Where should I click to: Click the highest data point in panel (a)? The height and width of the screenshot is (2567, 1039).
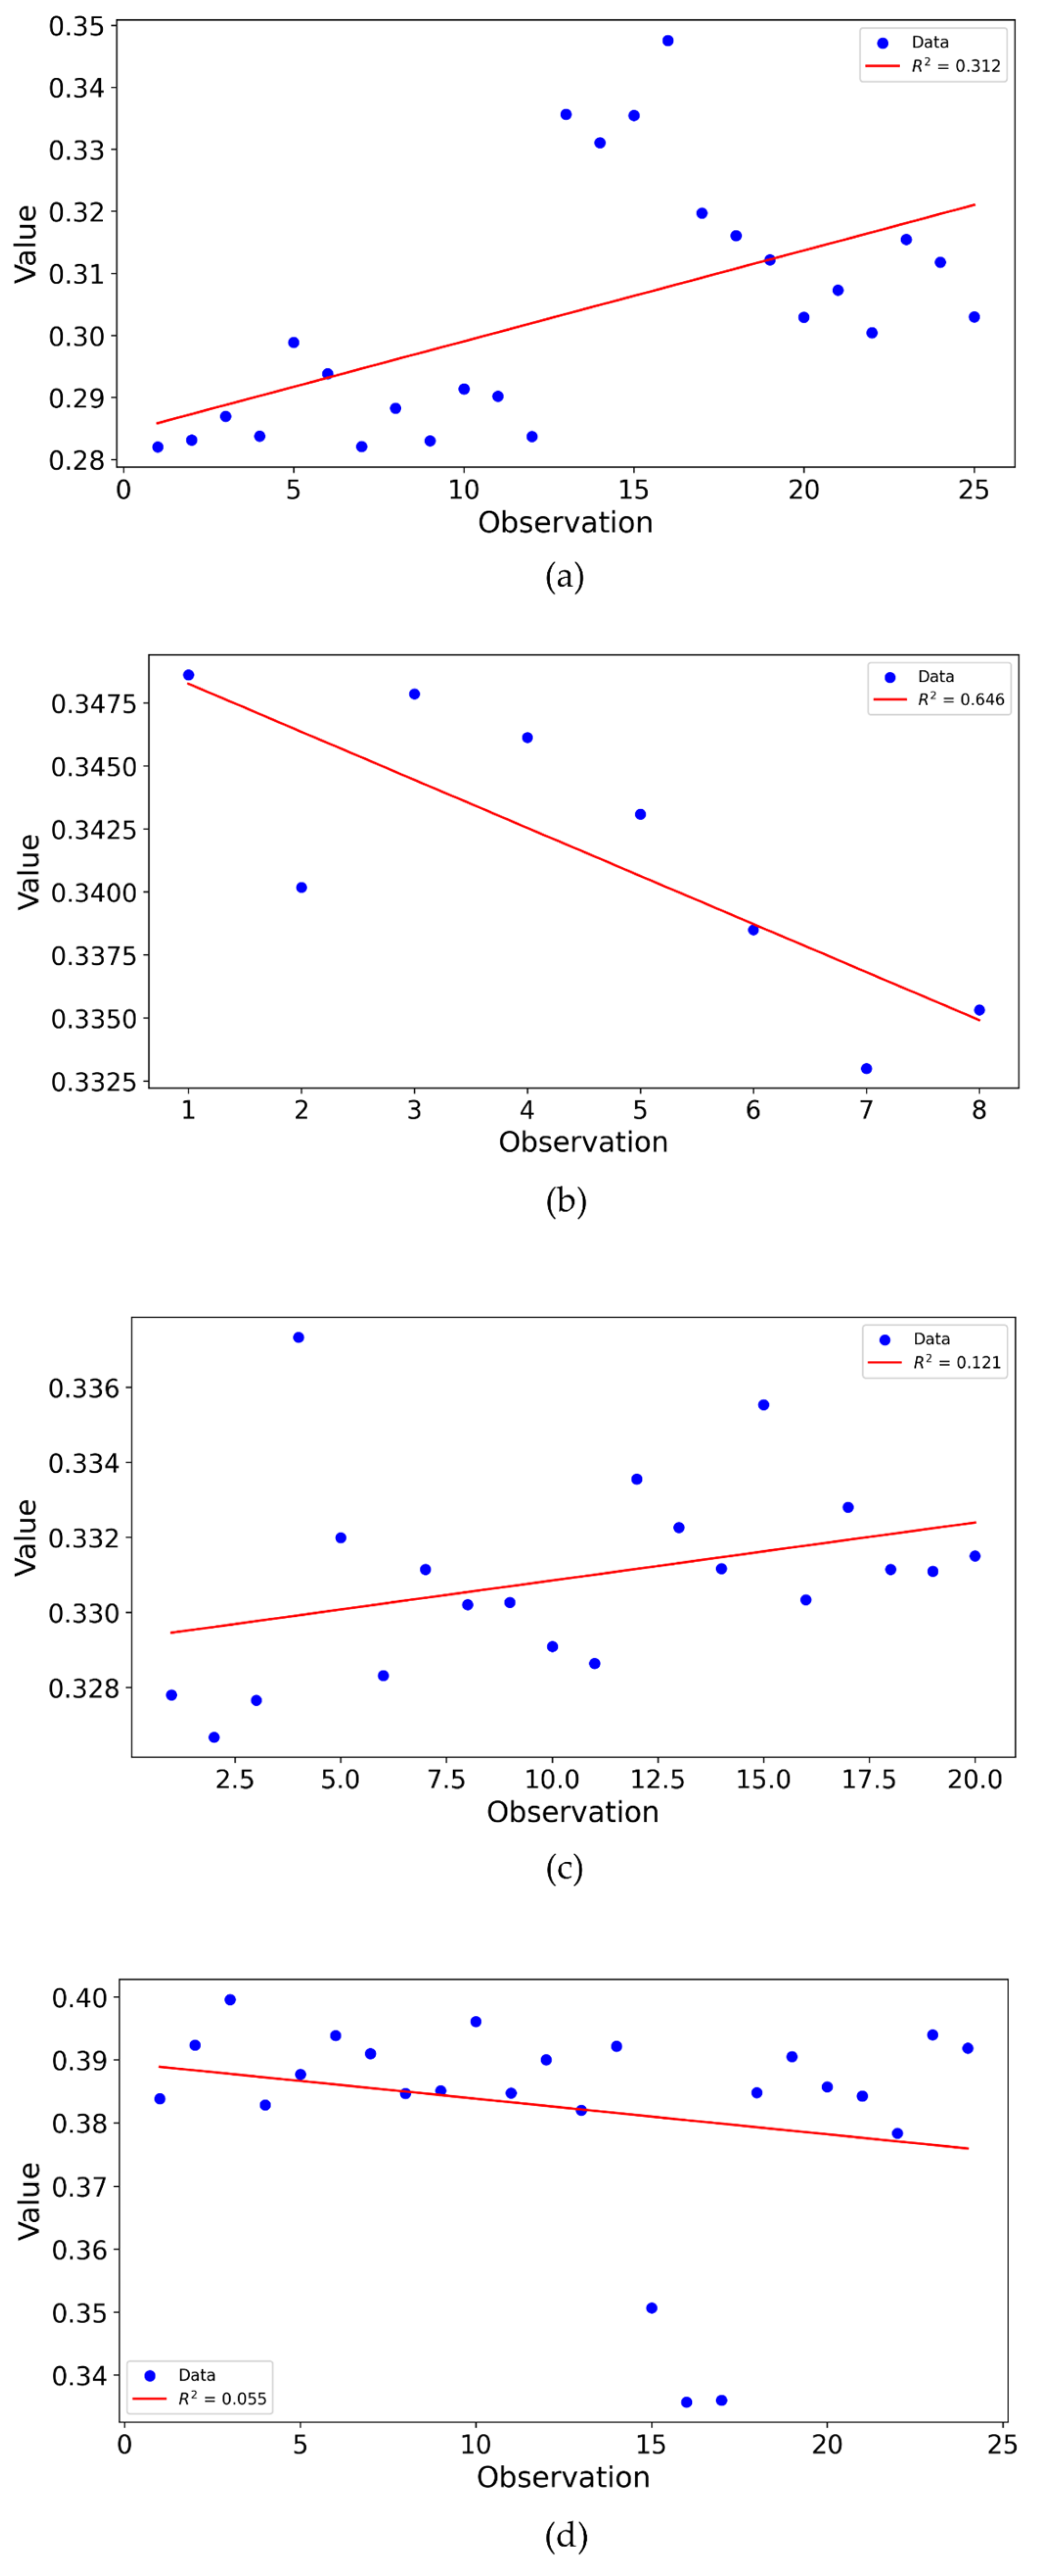(x=667, y=41)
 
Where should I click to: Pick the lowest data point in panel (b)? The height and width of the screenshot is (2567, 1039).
(x=866, y=1068)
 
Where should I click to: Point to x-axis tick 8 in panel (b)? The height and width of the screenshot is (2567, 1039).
(x=979, y=1110)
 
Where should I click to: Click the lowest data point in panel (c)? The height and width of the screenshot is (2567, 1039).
(x=214, y=1737)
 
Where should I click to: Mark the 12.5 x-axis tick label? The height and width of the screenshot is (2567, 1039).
(x=657, y=1780)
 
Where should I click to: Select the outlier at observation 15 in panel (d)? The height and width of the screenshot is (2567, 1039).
(x=651, y=2308)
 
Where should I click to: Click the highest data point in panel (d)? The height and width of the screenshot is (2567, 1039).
(x=230, y=1999)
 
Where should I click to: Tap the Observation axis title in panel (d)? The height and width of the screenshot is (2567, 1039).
(x=563, y=2478)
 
